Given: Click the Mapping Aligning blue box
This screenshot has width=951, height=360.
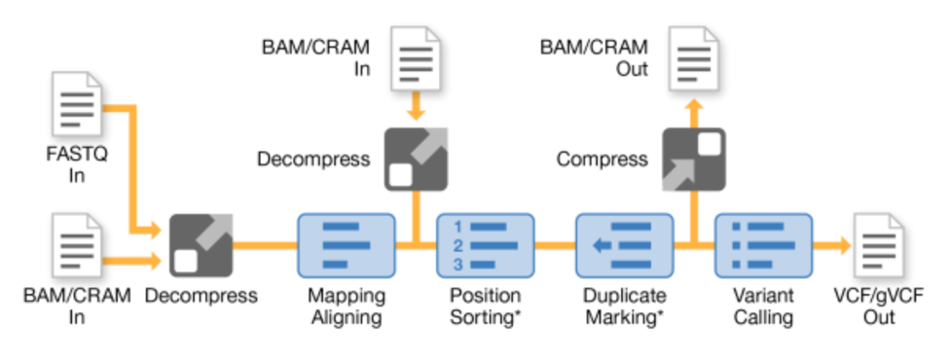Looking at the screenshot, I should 346,246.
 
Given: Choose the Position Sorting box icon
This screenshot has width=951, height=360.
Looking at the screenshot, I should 485,246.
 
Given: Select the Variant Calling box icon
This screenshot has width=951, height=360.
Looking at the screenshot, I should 762,246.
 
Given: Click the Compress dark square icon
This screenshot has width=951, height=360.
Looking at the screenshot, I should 693,158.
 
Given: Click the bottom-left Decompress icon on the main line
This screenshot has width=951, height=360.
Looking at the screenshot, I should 201,246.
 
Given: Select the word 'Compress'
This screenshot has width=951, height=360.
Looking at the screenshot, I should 602,158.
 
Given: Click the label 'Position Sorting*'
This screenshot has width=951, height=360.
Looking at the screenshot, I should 485,306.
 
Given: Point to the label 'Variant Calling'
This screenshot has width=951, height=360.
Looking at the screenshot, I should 762,306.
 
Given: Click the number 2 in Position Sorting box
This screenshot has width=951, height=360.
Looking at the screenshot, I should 457,246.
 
